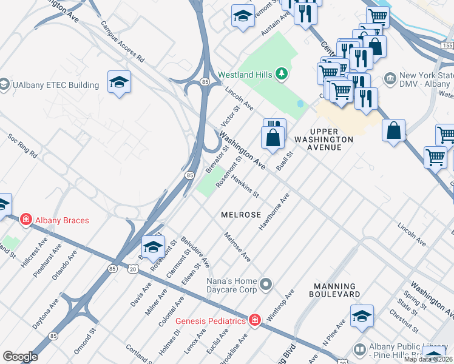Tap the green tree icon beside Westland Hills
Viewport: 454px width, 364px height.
[x=280, y=74]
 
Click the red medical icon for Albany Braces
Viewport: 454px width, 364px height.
[x=25, y=219]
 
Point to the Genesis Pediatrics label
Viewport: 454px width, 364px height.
[x=211, y=320]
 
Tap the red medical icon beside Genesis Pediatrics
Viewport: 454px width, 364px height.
[x=254, y=320]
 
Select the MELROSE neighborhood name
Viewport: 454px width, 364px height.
[x=241, y=215]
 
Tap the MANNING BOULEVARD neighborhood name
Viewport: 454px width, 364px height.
[x=335, y=290]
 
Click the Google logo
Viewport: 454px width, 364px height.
[x=20, y=356]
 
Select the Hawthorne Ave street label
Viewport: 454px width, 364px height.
[x=275, y=212]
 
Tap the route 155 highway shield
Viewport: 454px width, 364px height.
[x=447, y=45]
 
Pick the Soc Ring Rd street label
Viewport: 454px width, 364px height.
[x=22, y=146]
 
